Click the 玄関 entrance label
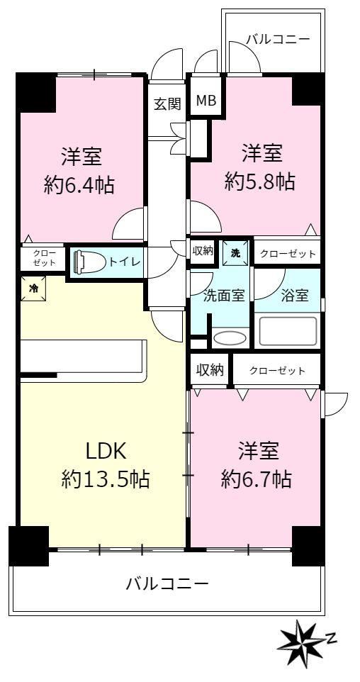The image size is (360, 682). (x=167, y=104)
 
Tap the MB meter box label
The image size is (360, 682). (x=206, y=101)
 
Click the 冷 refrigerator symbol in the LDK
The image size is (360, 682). (x=33, y=288)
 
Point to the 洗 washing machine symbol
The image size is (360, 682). (x=235, y=253)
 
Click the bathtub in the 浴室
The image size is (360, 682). (x=287, y=332)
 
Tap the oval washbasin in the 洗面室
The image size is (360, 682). (x=230, y=339)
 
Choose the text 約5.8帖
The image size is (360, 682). (x=260, y=181)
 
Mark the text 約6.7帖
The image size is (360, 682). (x=256, y=479)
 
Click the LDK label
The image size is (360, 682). (x=106, y=452)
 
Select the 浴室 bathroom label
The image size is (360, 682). (x=296, y=296)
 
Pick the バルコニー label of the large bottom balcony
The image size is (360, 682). (x=167, y=583)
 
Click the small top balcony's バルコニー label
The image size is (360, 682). (x=278, y=39)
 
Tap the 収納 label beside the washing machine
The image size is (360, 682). (x=202, y=251)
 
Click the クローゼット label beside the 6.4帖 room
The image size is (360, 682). (x=43, y=258)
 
